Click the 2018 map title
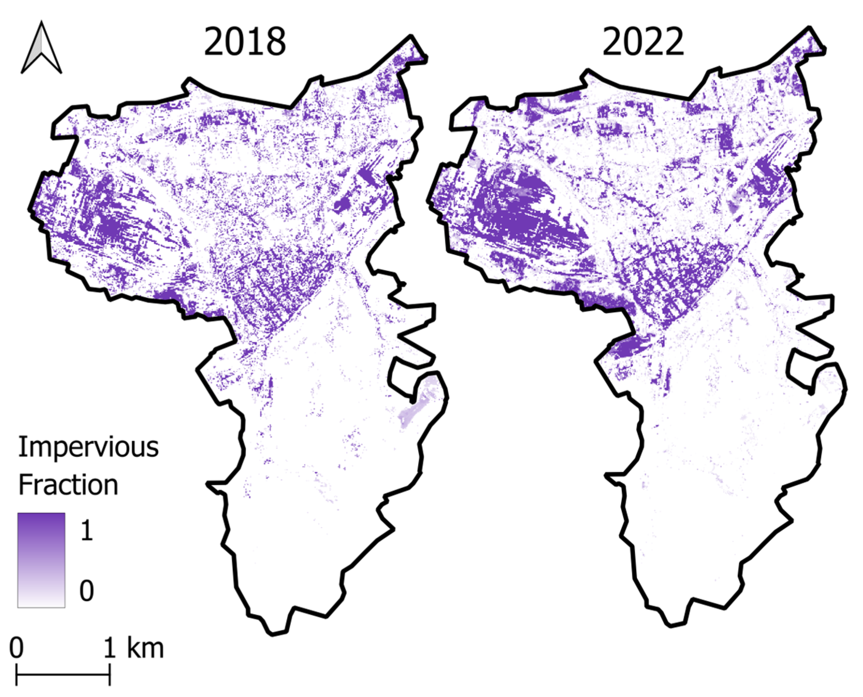point(244,42)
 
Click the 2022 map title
point(643,42)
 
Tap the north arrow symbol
point(41,48)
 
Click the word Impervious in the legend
point(88,447)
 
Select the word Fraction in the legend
point(68,485)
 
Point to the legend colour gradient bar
point(41,560)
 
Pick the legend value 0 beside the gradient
point(87,590)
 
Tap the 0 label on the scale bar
point(16,648)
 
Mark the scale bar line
point(63,675)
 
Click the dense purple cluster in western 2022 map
point(518,213)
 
